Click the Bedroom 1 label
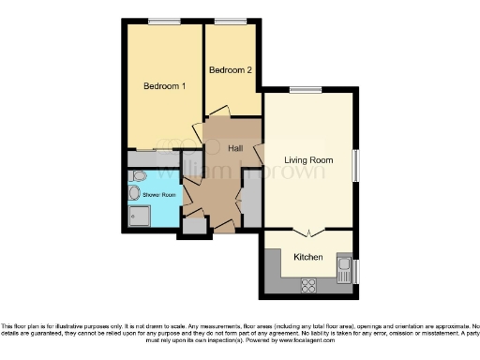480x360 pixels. (x=164, y=86)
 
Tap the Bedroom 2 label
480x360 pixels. (x=230, y=70)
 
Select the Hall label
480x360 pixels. (x=238, y=148)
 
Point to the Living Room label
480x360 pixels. (x=309, y=160)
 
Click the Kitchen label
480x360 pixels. (x=308, y=257)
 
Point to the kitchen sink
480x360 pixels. (x=344, y=267)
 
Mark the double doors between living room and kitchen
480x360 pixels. (x=309, y=232)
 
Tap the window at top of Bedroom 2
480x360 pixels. (x=230, y=21)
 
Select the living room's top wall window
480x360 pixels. (x=303, y=90)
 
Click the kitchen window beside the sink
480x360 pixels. (x=356, y=272)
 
